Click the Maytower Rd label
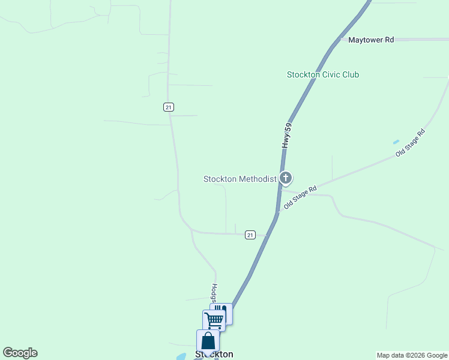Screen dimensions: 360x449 (371, 40)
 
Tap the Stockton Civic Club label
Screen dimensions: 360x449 (323, 75)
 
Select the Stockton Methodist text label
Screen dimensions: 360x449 (240, 179)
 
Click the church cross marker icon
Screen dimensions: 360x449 (286, 178)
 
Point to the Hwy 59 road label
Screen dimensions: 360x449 (287, 136)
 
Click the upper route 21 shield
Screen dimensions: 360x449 (168, 107)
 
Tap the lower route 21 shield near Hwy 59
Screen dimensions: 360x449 (250, 235)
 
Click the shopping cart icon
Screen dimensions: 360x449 (214, 319)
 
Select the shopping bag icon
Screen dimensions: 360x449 (208, 341)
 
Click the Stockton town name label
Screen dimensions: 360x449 (214, 354)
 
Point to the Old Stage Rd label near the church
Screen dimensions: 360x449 (300, 198)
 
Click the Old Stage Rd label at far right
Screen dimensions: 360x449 (410, 143)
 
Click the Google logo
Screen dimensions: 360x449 (20, 353)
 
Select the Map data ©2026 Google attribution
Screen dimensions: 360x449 (412, 355)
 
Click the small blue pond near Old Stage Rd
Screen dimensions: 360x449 (396, 142)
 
